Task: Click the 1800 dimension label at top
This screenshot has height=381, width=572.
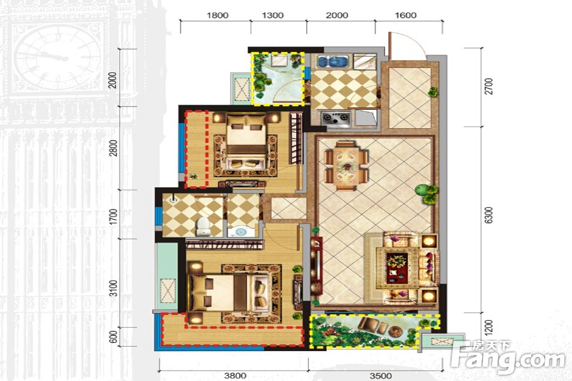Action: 217,15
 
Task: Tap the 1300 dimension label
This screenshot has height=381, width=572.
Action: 273,15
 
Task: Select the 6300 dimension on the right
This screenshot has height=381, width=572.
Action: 489,215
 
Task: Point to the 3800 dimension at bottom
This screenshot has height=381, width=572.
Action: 235,375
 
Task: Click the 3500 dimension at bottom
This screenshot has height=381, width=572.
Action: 381,375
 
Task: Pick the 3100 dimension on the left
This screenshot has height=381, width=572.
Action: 114,288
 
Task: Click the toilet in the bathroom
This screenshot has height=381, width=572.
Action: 202,226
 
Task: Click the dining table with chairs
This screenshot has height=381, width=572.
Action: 346,166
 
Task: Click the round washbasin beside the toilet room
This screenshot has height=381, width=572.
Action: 241,232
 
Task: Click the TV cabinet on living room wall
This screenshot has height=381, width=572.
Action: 316,265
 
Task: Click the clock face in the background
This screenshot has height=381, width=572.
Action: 58,58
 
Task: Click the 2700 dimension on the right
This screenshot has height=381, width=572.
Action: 489,86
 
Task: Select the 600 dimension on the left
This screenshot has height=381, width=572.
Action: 114,337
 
